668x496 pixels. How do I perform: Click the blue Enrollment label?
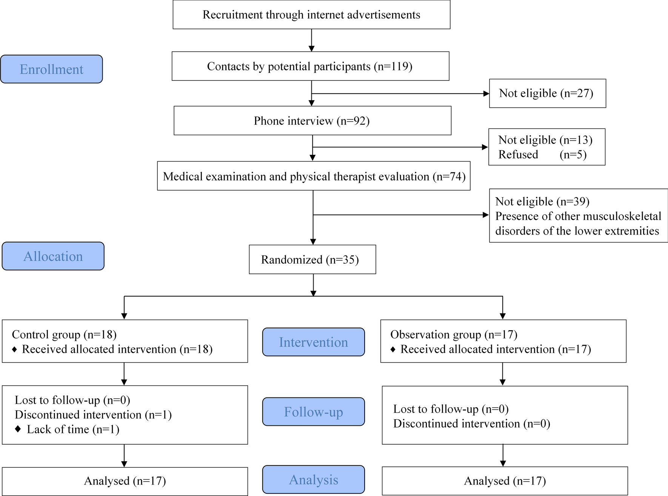click(x=51, y=69)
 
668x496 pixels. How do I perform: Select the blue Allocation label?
click(x=53, y=256)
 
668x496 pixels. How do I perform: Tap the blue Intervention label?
click(x=313, y=342)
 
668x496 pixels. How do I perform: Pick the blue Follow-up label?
click(x=313, y=412)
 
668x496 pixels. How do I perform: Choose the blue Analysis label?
click(x=313, y=479)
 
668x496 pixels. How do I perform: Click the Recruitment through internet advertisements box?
click(x=311, y=15)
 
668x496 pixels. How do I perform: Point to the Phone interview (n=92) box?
click(x=312, y=121)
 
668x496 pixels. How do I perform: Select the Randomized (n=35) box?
click(x=312, y=260)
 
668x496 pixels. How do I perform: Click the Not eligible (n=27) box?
click(x=547, y=93)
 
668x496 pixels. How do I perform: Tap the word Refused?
click(x=518, y=155)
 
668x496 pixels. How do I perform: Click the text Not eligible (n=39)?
click(x=542, y=201)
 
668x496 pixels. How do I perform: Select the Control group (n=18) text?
click(x=64, y=334)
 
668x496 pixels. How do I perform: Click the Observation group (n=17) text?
click(x=454, y=334)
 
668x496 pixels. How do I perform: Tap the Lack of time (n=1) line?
click(x=73, y=429)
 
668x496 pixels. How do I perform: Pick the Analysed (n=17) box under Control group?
click(x=125, y=481)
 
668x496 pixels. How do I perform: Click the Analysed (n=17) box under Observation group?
click(x=505, y=481)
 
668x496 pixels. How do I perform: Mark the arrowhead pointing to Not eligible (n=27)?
click(x=486, y=93)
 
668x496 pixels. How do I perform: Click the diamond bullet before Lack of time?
click(x=18, y=429)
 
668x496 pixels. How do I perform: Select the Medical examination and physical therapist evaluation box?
click(x=314, y=176)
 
